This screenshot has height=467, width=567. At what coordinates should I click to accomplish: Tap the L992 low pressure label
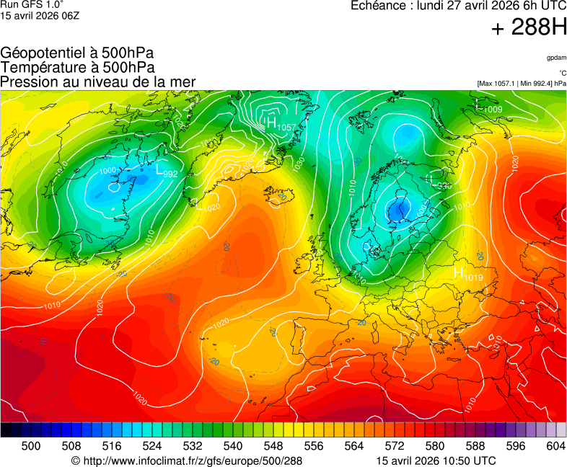point(167,172)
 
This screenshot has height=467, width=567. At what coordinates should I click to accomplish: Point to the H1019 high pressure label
point(467,275)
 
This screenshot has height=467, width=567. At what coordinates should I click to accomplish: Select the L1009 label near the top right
point(489,108)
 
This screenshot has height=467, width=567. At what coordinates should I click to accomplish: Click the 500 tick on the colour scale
point(31,447)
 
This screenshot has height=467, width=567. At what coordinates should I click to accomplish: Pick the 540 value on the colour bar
point(233,447)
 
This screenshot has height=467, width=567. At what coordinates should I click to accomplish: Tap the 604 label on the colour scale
point(555,447)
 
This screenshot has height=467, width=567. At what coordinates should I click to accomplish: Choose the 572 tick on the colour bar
point(395,447)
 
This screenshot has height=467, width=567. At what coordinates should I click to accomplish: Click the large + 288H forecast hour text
point(529,28)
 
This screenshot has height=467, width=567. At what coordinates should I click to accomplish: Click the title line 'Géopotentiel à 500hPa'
point(77,53)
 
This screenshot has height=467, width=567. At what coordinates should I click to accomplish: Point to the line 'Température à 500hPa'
point(77,68)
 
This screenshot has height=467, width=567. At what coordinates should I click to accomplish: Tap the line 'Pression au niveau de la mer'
point(98,82)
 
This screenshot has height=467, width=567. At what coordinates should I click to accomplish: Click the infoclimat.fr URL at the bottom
point(187,461)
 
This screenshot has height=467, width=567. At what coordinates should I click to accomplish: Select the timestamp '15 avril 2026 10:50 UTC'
point(436,461)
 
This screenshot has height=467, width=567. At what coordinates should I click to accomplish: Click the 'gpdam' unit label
point(555,58)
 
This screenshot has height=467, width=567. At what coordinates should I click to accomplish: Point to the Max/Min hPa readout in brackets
point(522,84)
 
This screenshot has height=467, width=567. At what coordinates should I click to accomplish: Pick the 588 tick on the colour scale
point(475,447)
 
